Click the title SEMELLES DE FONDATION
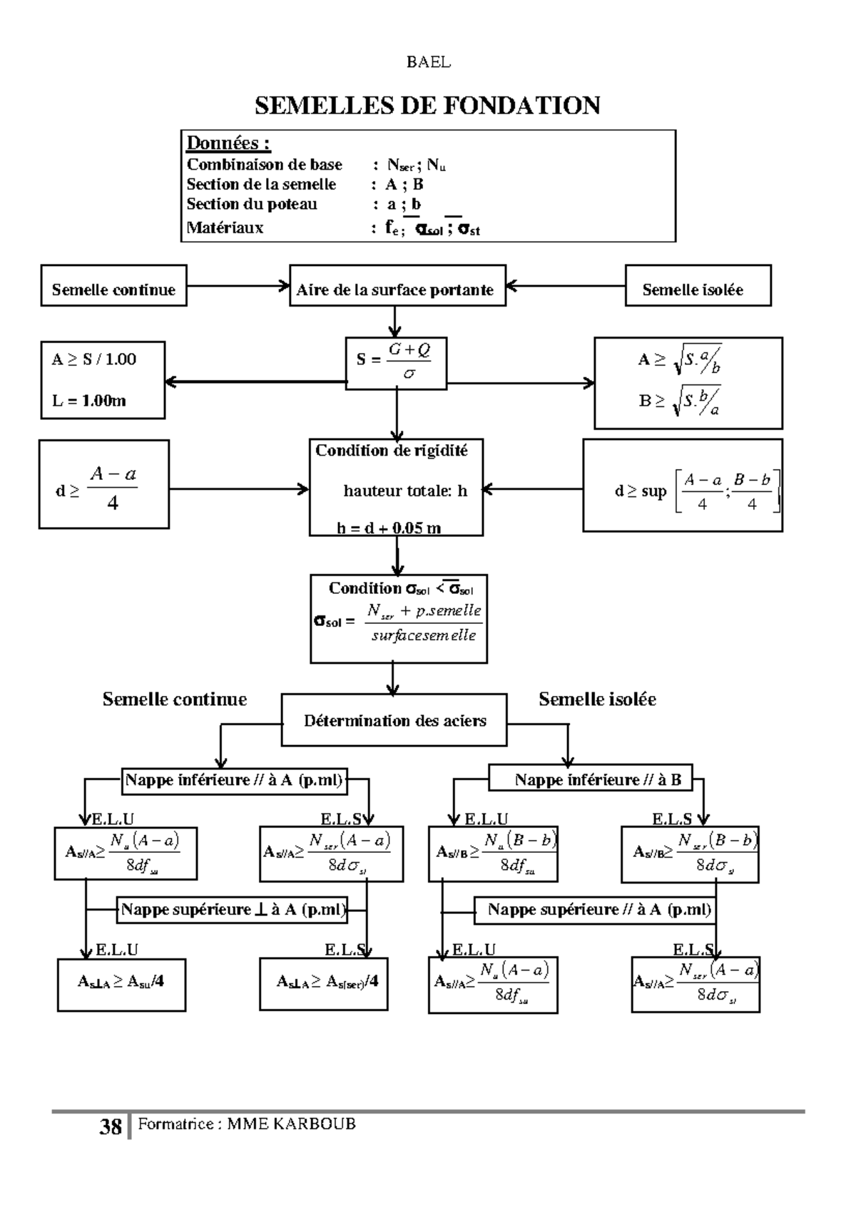pyautogui.click(x=427, y=106)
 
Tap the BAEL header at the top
pyautogui.click(x=428, y=62)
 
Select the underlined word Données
pyautogui.click(x=228, y=143)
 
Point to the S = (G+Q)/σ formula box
pyautogui.click(x=396, y=363)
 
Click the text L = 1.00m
pyautogui.click(x=88, y=400)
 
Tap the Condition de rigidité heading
pyautogui.click(x=392, y=451)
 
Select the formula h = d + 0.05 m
pyautogui.click(x=389, y=528)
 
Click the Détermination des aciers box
pyautogui.click(x=394, y=720)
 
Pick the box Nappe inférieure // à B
pyautogui.click(x=590, y=779)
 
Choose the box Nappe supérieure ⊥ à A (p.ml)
pyautogui.click(x=233, y=910)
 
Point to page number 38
pyautogui.click(x=111, y=1127)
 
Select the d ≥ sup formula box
pyautogui.click(x=682, y=485)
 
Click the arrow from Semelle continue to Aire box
pyautogui.click(x=238, y=286)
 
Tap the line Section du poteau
pyautogui.click(x=252, y=204)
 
